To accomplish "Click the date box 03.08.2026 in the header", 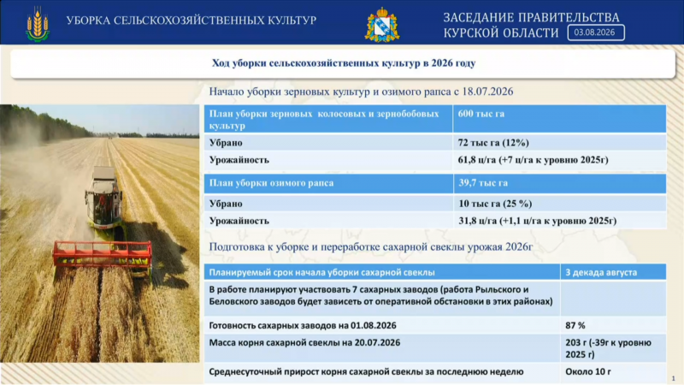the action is pyautogui.click(x=596, y=33).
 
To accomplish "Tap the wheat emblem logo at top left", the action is pyautogui.click(x=38, y=25).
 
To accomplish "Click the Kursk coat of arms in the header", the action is pyautogui.click(x=382, y=25).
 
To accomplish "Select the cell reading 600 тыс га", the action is pyautogui.click(x=481, y=114).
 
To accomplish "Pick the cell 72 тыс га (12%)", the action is pyautogui.click(x=493, y=143).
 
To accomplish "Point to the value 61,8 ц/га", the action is pyautogui.click(x=477, y=160).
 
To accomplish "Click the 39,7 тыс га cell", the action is pyautogui.click(x=483, y=183).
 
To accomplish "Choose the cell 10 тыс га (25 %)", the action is pyautogui.click(x=495, y=204).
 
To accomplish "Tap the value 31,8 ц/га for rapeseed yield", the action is pyautogui.click(x=478, y=221).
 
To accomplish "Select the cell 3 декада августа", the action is pyautogui.click(x=601, y=272).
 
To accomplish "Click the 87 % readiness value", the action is pyautogui.click(x=575, y=326).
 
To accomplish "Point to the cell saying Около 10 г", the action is pyautogui.click(x=588, y=372).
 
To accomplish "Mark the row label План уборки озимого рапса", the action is pyautogui.click(x=271, y=183).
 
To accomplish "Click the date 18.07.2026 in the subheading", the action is pyautogui.click(x=487, y=92).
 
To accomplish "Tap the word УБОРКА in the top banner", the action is pyautogui.click(x=88, y=21).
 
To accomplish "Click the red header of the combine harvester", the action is pyautogui.click(x=103, y=253).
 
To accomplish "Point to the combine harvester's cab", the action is pyautogui.click(x=103, y=202).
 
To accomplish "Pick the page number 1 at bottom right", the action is pyautogui.click(x=673, y=378).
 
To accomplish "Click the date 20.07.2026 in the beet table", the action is pyautogui.click(x=377, y=343).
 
